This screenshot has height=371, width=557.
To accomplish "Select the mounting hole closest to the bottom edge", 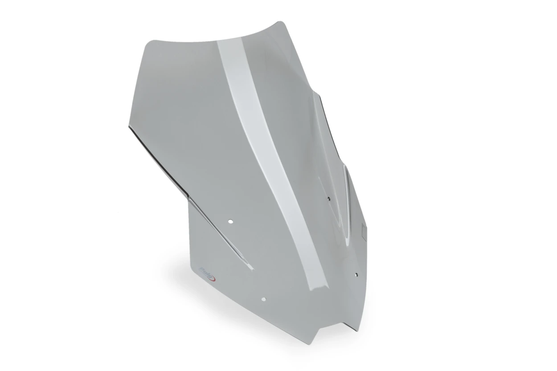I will tap(264, 299).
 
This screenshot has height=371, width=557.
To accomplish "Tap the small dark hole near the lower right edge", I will tap(356, 275).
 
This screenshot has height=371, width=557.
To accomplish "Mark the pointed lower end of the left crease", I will tap(253, 269).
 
